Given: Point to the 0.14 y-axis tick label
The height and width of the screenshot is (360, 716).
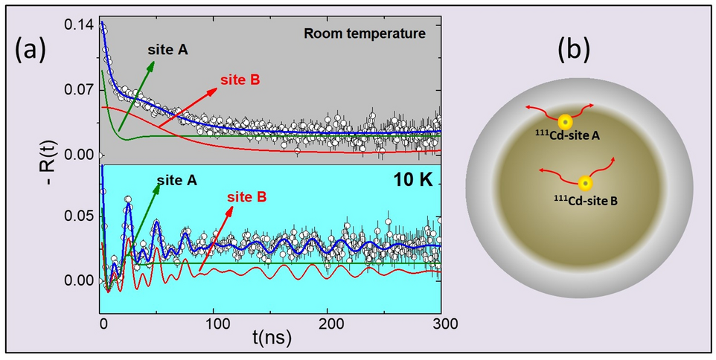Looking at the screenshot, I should pyautogui.click(x=77, y=25).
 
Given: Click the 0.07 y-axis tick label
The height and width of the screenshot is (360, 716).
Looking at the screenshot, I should pyautogui.click(x=77, y=90).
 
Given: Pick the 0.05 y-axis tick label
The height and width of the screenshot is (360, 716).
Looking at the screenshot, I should pyautogui.click(x=77, y=216).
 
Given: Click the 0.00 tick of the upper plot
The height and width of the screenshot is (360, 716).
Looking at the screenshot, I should pyautogui.click(x=77, y=155).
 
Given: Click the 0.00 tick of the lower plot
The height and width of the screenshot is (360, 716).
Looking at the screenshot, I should pyautogui.click(x=77, y=280).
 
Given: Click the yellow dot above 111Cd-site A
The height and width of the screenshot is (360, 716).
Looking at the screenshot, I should pyautogui.click(x=566, y=122).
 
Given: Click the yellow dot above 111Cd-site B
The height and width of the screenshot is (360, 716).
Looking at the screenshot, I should pyautogui.click(x=586, y=183).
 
